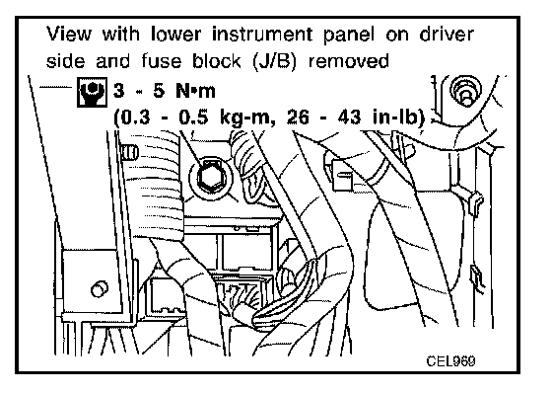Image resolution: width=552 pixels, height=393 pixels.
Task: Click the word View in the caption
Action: click(x=69, y=35)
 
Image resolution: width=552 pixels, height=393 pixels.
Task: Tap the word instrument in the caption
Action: click(x=262, y=35)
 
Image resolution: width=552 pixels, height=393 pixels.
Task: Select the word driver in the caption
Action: click(x=447, y=35)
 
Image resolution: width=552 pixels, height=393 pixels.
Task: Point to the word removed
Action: click(x=349, y=61)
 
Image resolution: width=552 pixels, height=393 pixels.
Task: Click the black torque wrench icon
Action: click(x=92, y=92)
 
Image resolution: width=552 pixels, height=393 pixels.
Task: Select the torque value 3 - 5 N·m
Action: click(x=164, y=91)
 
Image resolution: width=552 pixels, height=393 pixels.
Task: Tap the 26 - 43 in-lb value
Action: click(x=356, y=118)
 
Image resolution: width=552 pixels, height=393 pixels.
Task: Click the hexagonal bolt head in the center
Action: click(x=210, y=177)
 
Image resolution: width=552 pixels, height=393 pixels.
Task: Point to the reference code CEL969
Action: click(x=450, y=360)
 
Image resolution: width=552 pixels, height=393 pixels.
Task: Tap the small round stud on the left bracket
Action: click(x=100, y=289)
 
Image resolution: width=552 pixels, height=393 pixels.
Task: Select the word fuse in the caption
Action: click(x=162, y=61)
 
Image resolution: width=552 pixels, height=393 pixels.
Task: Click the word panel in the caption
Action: click(x=349, y=35)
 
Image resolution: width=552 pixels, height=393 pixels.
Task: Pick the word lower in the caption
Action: click(x=175, y=35)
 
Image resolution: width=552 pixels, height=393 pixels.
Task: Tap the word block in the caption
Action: click(x=216, y=61)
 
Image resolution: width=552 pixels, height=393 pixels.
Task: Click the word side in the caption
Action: click(x=65, y=61)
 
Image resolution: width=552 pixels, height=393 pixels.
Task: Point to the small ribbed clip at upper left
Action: click(x=129, y=152)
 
